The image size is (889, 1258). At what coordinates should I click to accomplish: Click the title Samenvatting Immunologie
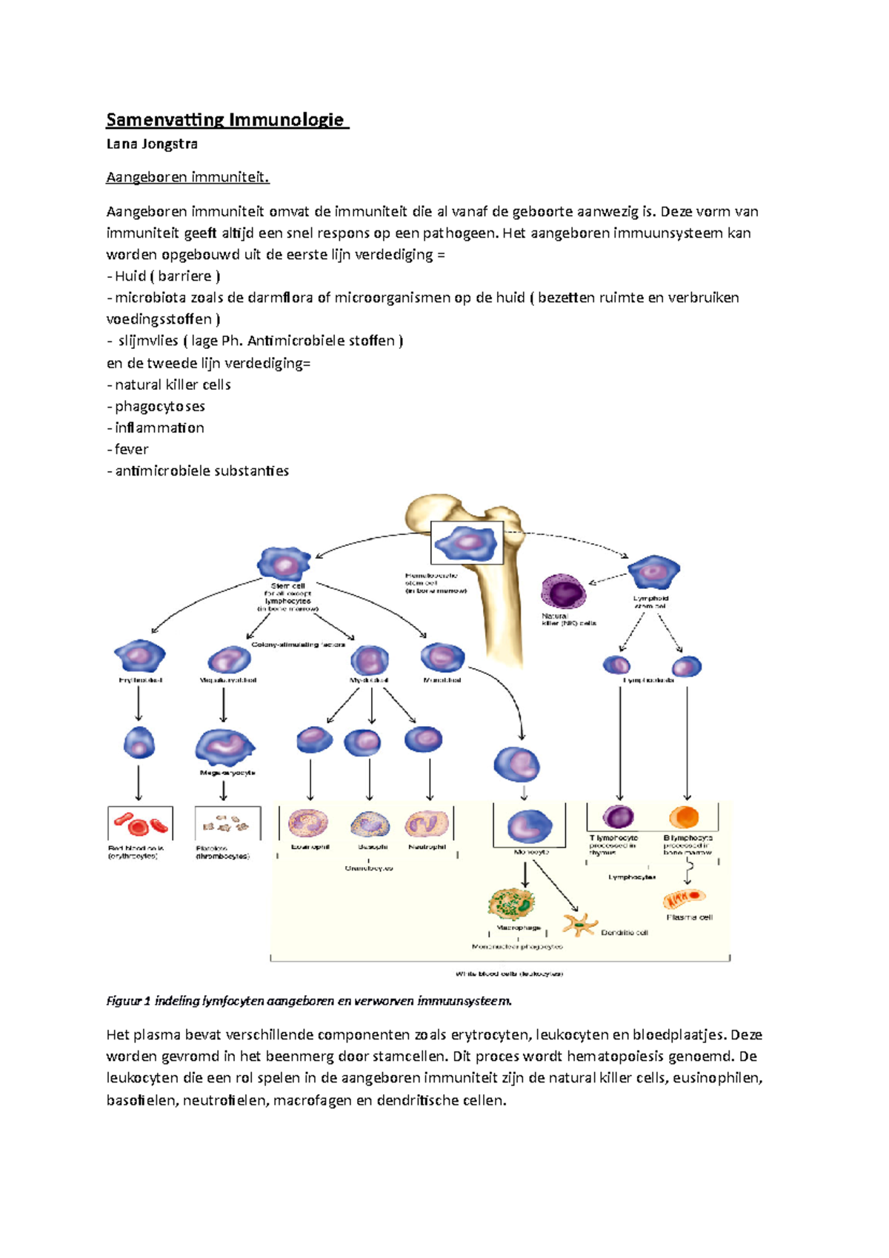[x=226, y=120]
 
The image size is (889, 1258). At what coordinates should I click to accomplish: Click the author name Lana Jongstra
[x=152, y=144]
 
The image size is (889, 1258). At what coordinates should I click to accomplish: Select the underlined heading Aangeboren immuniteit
[x=188, y=177]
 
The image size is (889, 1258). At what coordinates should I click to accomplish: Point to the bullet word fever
[x=131, y=449]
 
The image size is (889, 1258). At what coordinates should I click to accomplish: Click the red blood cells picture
[x=140, y=824]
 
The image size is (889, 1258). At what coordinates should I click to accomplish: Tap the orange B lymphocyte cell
[x=684, y=817]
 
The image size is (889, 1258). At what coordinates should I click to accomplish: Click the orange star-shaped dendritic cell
[x=579, y=925]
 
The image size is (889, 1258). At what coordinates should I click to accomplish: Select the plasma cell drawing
[x=684, y=899]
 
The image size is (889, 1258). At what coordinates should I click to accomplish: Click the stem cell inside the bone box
[x=467, y=544]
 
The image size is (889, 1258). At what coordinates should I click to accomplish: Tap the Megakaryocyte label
[x=227, y=773]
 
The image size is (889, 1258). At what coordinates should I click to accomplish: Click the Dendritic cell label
[x=624, y=933]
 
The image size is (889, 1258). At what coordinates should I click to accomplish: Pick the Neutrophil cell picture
[x=427, y=824]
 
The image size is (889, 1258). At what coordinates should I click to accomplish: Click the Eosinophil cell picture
[x=309, y=823]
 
